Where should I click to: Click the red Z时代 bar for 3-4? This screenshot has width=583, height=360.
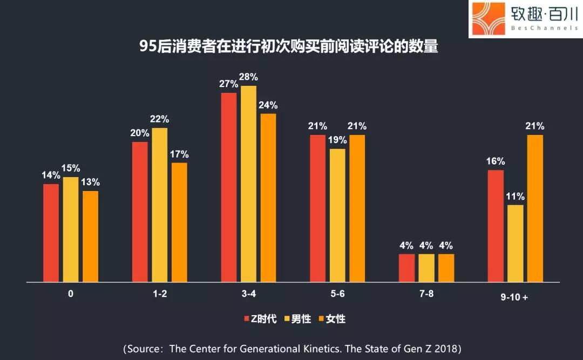229,187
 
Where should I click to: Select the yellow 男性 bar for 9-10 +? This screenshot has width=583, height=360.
516,243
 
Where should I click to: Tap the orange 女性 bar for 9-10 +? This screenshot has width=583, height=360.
535,208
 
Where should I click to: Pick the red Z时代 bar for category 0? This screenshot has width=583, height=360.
51,233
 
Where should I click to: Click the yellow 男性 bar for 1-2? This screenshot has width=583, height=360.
160,205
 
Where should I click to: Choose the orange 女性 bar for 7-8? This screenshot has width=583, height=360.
446,268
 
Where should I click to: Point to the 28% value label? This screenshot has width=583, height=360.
248,77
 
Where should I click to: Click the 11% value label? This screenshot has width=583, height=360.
516,196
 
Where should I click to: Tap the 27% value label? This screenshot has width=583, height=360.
229,84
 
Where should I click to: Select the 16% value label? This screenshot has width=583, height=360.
495,161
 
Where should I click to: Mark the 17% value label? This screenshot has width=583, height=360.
179,154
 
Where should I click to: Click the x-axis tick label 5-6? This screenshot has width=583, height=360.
337,294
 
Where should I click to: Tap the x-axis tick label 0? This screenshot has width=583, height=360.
71,294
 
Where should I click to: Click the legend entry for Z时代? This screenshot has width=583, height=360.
261,319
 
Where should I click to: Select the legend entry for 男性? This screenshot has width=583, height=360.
298,319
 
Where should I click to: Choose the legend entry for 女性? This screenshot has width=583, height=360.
333,319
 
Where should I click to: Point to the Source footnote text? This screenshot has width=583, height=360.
292,348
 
